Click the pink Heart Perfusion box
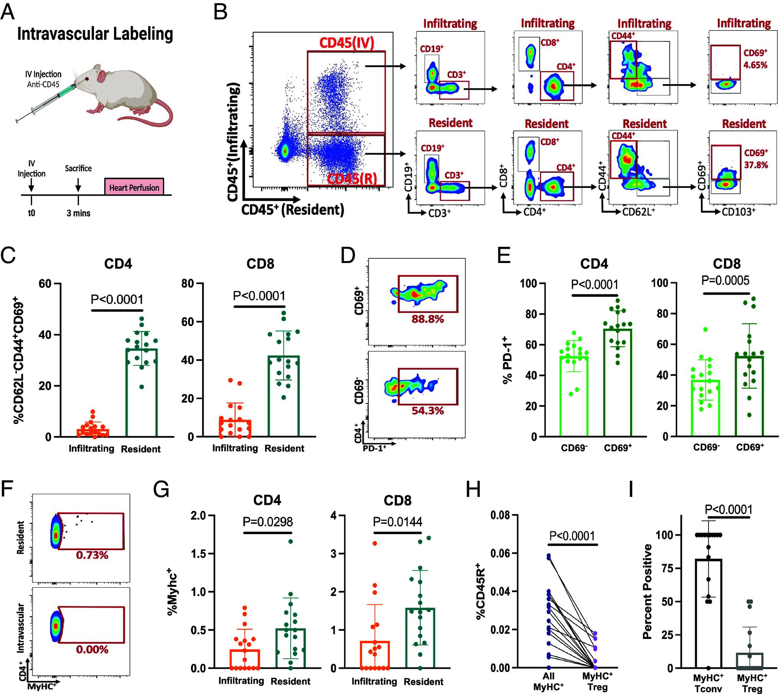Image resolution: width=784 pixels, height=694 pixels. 134,187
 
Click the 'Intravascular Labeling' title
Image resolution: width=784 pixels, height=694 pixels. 95,34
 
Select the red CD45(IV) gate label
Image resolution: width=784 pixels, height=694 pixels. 346,43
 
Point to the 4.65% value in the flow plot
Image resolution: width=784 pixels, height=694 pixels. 755,65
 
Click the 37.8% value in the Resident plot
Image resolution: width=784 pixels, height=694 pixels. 756,165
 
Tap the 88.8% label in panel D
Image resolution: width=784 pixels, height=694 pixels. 428,319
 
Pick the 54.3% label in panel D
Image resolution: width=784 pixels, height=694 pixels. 428,411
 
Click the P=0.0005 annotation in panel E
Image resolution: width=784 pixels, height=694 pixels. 725,281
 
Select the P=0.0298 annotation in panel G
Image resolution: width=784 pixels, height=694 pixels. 268,521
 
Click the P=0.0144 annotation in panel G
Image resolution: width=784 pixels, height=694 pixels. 397,521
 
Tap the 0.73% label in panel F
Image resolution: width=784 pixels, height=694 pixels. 92,555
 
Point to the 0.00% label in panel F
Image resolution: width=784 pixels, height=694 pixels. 92,650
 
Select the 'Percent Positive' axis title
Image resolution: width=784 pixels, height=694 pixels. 648,591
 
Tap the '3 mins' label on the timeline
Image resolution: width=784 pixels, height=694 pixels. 78,213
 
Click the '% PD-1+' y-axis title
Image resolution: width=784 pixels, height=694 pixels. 507,359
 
